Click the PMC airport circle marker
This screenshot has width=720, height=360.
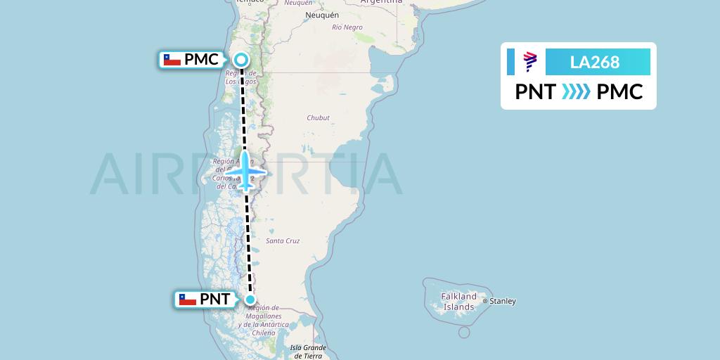click(241, 60)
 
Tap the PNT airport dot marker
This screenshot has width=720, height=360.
click(250, 300)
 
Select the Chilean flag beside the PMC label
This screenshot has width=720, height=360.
click(172, 60)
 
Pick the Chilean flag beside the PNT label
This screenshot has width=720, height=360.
click(187, 300)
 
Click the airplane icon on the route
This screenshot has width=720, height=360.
click(245, 171)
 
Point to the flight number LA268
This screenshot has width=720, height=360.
click(595, 62)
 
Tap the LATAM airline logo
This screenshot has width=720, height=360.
click(530, 62)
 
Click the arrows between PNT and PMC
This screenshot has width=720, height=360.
click(577, 92)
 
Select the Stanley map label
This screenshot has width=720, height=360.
click(503, 302)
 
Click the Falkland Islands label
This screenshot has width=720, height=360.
click(458, 302)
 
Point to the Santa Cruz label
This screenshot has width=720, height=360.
click(283, 241)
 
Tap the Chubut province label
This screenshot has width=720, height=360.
click(318, 118)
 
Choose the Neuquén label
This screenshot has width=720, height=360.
click(322, 15)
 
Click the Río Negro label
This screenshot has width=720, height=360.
click(347, 27)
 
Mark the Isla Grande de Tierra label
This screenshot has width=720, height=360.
click(309, 352)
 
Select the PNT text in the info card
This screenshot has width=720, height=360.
click(535, 92)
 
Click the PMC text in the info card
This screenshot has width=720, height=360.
click(619, 92)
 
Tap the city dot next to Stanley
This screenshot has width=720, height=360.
click(485, 302)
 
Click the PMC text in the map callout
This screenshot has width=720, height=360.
click(201, 60)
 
